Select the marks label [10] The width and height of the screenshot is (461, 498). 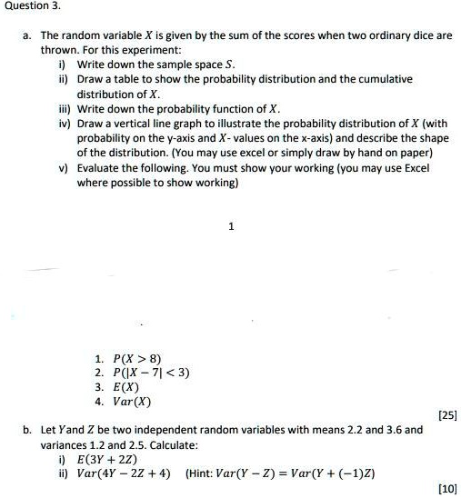click(x=446, y=488)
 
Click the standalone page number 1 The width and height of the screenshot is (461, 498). click(x=231, y=226)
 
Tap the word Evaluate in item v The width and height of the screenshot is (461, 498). click(x=99, y=166)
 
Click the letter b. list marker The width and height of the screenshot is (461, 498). click(x=27, y=430)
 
